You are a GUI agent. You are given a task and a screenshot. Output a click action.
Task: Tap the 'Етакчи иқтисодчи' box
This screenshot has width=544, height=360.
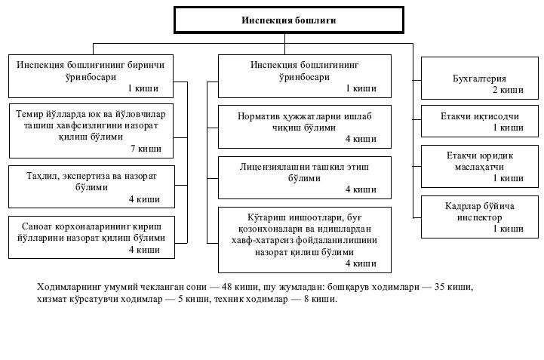pos(479,123)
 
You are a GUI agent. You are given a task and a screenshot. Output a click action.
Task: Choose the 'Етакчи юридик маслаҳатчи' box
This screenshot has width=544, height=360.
pos(479,167)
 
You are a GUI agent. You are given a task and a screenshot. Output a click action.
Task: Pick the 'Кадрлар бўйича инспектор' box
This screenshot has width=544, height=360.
pos(479,217)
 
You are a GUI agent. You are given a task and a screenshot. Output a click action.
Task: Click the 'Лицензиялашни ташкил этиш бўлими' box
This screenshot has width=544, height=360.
pos(305,177)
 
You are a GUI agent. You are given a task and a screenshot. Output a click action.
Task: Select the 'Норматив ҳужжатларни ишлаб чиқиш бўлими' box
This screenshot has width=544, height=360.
pos(305,126)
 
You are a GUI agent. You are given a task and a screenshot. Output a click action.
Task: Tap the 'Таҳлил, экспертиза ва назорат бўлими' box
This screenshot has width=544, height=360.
pos(91,186)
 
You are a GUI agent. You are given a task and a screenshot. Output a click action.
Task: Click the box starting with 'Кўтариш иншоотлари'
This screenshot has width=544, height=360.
pos(305,239)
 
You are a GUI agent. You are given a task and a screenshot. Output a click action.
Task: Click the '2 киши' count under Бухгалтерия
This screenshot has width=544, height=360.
pos(508,90)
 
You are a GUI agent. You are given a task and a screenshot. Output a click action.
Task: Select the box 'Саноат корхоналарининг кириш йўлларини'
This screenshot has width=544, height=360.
pos(91,237)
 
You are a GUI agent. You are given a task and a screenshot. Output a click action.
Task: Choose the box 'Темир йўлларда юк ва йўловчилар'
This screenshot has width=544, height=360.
pos(91,131)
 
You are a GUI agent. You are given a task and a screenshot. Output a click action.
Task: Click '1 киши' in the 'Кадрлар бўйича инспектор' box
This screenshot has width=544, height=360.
pos(508,228)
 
